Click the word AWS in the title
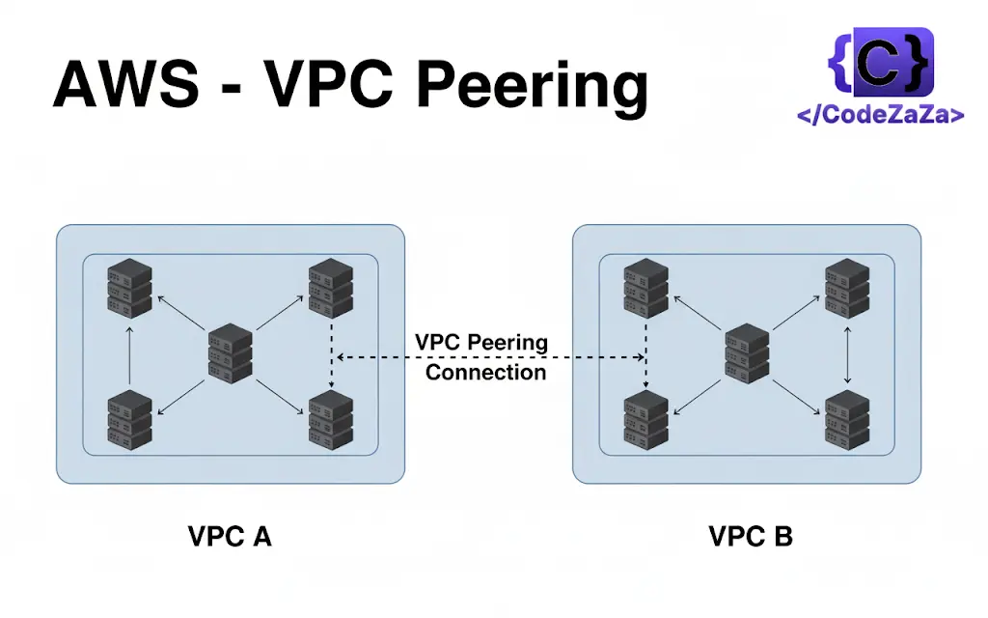125,84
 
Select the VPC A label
230,537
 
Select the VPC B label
751,537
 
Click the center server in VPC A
231,352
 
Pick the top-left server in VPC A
129,287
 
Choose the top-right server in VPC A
331,287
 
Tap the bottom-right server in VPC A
331,419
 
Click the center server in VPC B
748,352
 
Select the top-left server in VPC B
645,287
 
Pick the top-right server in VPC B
847,287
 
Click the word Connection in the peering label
485,372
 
